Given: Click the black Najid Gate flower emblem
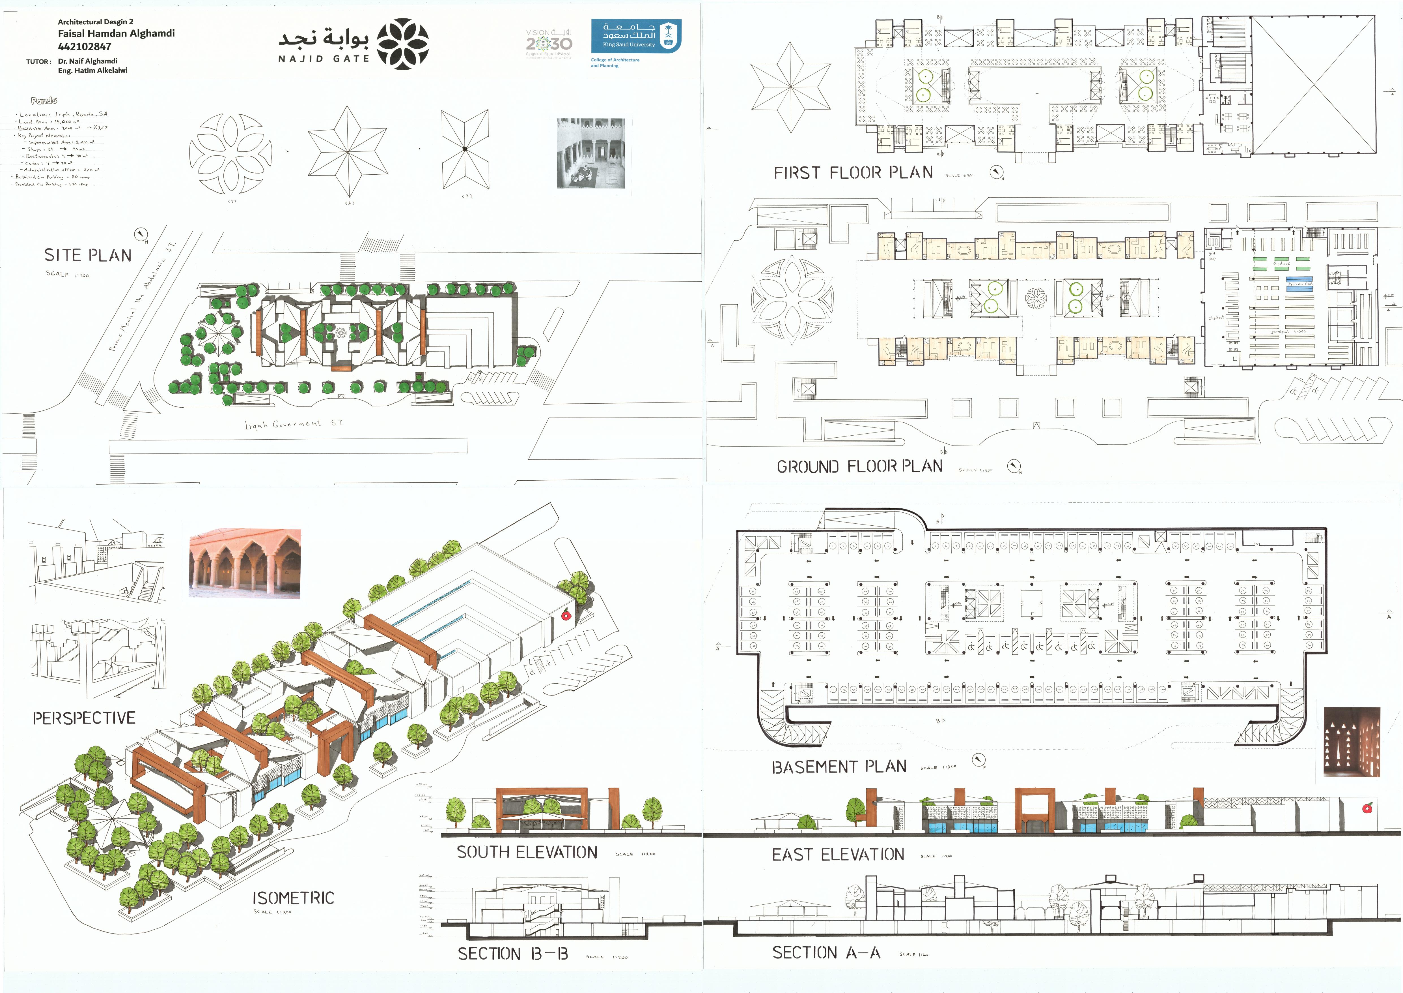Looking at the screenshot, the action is tap(403, 44).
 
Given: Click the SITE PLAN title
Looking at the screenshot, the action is tap(88, 256).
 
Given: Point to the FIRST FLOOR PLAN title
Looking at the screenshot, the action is tap(853, 173).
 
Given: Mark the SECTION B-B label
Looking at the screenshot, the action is tap(513, 954).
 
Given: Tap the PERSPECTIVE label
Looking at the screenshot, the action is tap(84, 718).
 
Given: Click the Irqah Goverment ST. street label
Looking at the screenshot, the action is tap(294, 424).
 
